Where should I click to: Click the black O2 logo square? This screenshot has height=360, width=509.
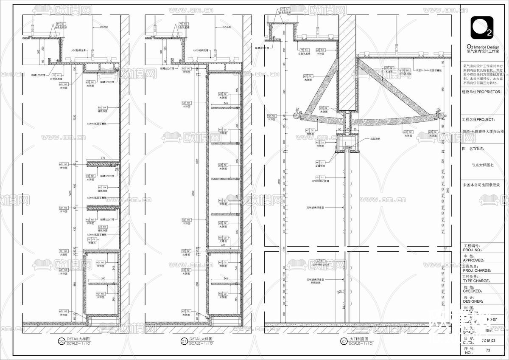[x=481, y=28]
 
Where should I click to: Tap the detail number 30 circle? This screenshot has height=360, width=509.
[x=61, y=340]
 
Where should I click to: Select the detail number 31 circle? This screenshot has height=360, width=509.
[x=184, y=340]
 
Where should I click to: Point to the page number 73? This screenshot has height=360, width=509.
[x=488, y=350]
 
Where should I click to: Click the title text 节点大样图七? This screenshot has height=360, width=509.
[x=483, y=166]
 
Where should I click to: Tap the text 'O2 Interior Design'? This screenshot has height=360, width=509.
[x=483, y=47]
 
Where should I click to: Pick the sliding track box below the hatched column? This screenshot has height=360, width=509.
[x=348, y=143]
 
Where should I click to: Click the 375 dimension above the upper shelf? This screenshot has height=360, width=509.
[x=103, y=158]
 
